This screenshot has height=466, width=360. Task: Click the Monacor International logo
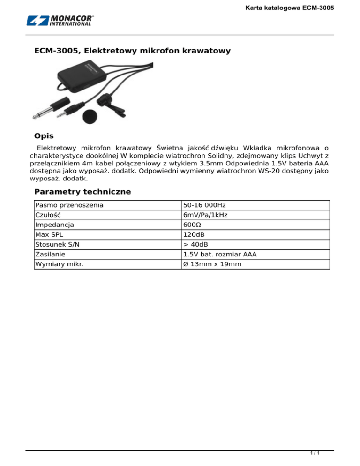point(60,21)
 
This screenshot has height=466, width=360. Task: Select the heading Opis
point(44,136)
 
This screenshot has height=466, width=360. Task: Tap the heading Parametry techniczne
point(82,192)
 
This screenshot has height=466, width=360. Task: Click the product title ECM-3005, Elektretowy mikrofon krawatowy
point(133,50)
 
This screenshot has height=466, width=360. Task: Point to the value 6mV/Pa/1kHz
point(206,215)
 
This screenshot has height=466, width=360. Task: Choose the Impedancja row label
point(55,225)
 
